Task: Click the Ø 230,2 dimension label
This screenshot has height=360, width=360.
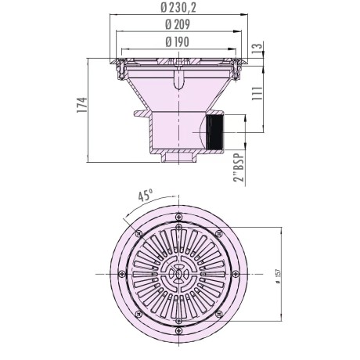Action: click(178, 8)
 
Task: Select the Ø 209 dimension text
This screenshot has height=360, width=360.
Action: click(178, 25)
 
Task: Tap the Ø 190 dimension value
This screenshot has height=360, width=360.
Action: click(177, 42)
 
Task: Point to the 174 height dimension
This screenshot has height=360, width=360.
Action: click(82, 105)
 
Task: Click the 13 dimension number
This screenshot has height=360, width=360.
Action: click(257, 48)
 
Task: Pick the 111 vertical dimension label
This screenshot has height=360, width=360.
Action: click(257, 93)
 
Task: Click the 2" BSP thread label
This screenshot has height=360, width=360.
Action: click(239, 167)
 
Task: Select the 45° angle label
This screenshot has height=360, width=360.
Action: click(145, 195)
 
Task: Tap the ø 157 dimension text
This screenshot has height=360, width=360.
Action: click(278, 276)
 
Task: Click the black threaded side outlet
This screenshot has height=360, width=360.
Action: click(214, 132)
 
